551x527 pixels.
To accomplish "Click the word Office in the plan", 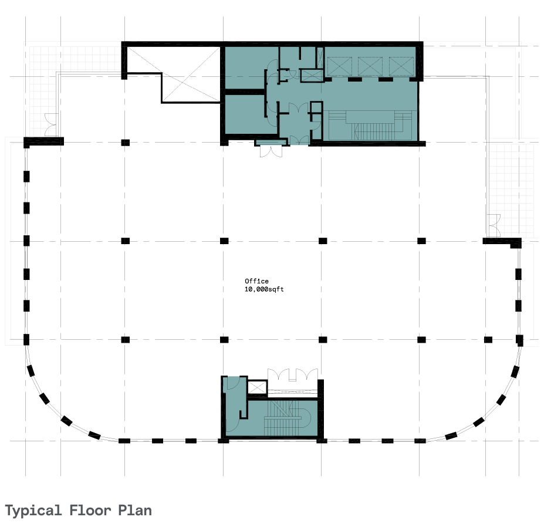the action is coord(256,281).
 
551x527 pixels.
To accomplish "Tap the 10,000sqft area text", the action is coord(264,289).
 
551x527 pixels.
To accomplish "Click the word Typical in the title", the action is coord(33,511).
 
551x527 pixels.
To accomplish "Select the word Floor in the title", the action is coord(90,510).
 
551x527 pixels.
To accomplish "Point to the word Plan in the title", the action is coord(135,511).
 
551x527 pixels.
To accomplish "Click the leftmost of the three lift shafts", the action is coord(339,66).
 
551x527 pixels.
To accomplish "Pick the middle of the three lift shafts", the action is coord(370,66).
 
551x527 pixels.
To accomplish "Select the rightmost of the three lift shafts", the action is coord(401,66).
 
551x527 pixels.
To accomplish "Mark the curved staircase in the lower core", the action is coord(287,418).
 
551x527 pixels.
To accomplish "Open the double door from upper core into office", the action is coord(271,151).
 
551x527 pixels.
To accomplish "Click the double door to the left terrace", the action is coord(52,125).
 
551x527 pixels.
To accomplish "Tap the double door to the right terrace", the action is coord(493,225).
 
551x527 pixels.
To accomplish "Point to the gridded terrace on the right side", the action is coord(511,190).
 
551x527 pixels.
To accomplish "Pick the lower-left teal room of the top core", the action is coord(245,114).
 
